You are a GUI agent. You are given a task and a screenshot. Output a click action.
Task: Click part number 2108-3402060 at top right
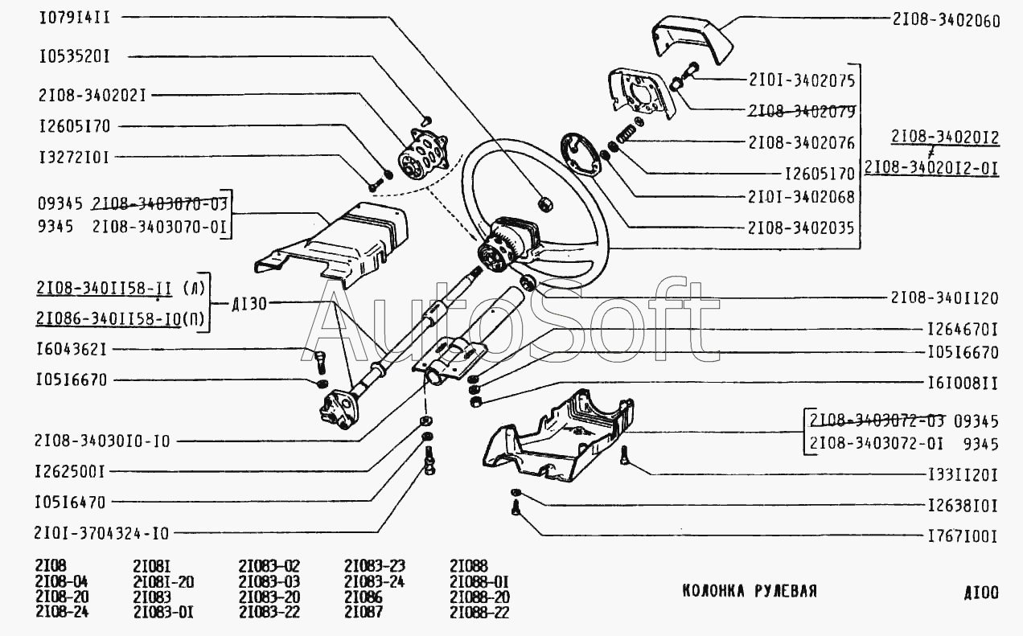947,21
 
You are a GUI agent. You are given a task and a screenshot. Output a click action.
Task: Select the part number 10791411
75,18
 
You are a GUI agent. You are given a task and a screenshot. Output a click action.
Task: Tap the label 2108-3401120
944,298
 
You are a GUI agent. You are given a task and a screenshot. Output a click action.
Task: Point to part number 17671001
963,536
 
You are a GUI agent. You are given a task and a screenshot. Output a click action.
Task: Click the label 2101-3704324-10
101,533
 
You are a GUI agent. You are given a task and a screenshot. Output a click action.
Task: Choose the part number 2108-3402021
92,96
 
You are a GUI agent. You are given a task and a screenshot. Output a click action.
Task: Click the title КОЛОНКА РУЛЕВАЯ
750,591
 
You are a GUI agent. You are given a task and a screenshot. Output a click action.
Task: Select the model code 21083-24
375,581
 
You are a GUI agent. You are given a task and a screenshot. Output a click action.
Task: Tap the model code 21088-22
479,612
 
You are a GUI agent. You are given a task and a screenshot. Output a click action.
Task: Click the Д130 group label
249,303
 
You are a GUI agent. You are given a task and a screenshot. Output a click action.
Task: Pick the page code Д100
981,593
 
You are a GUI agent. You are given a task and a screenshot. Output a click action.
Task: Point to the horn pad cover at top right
692,39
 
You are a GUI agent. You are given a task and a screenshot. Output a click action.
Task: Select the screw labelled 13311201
625,456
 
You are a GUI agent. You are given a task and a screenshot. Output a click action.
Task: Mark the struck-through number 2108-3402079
801,112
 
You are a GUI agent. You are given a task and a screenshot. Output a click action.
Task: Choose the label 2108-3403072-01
876,443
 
